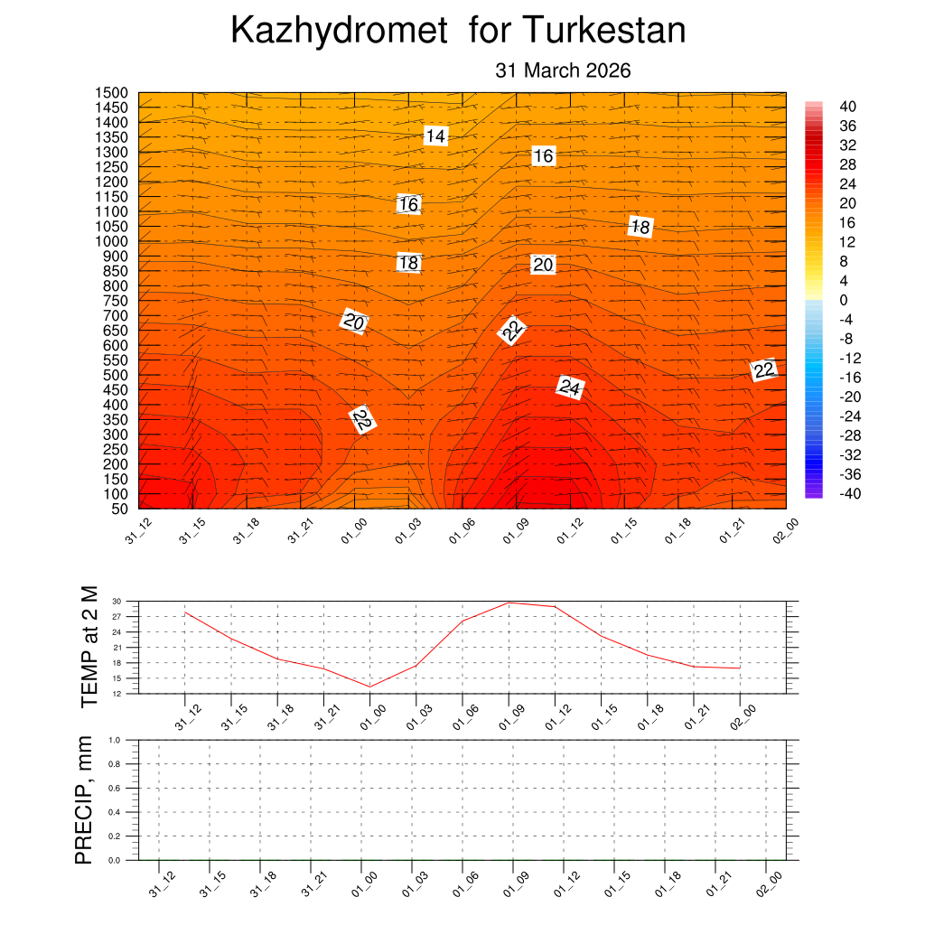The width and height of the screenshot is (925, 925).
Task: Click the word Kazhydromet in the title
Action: click(339, 32)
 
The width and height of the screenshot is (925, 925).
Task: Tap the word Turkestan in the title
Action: click(603, 32)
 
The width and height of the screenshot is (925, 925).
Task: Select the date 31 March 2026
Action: click(563, 70)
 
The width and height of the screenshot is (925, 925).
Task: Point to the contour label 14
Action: click(435, 136)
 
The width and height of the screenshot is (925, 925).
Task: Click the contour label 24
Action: click(569, 388)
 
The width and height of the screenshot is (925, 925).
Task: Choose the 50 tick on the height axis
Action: click(119, 509)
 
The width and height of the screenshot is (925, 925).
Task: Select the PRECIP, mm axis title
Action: click(84, 799)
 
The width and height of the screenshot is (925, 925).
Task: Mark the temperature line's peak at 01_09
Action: click(509, 603)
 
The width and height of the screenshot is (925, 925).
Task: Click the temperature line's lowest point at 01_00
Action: click(369, 687)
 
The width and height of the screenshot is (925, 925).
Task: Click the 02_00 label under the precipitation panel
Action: click(770, 886)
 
